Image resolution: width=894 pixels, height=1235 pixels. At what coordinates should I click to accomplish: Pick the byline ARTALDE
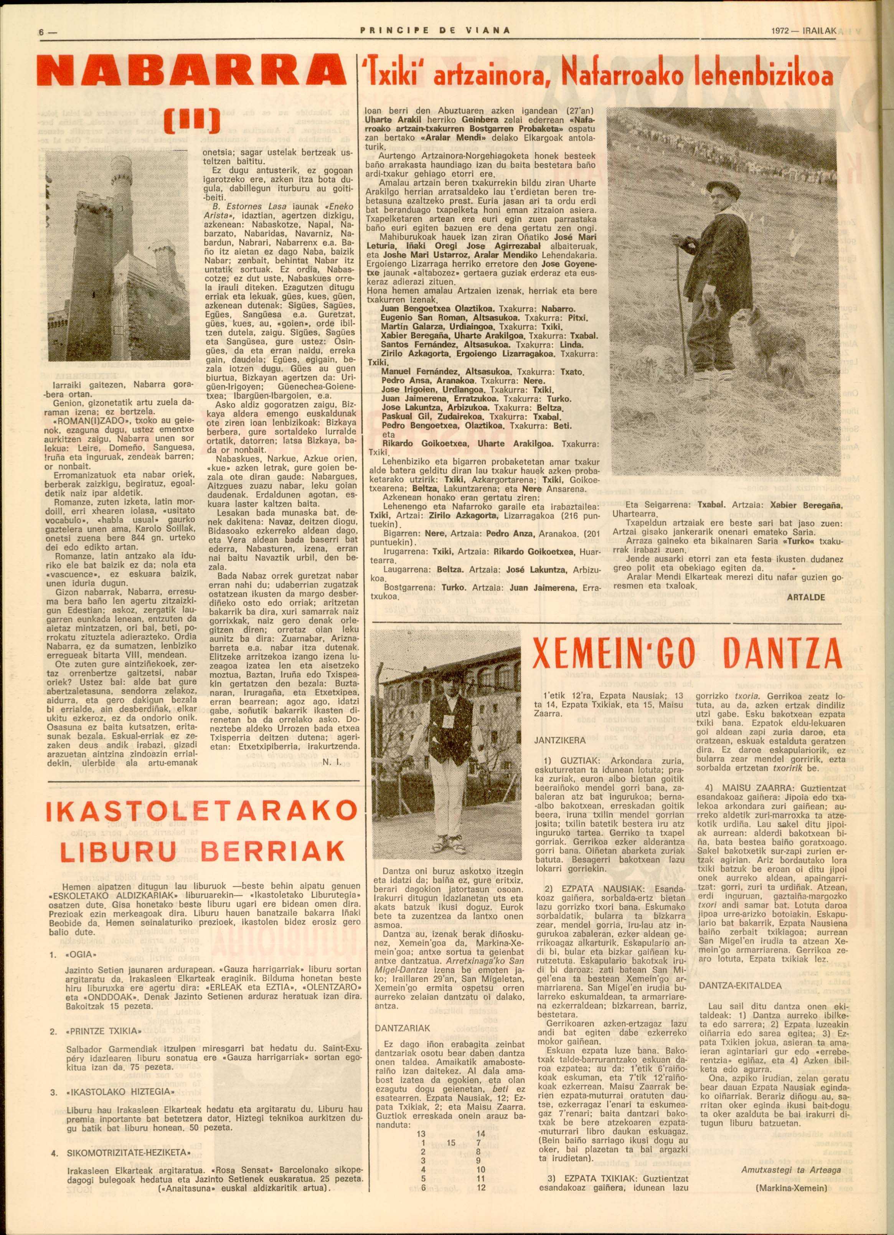pyautogui.click(x=806, y=597)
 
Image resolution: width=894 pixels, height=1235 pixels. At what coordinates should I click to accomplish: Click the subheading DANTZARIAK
pyautogui.click(x=403, y=1027)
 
